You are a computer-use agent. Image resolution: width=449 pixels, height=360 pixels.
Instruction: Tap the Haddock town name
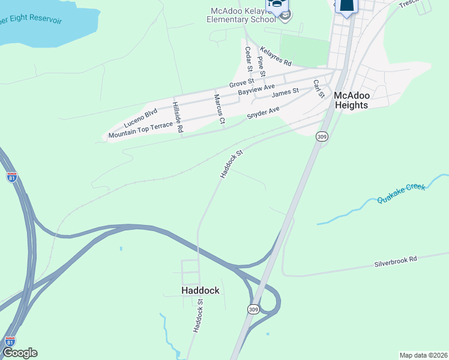tap(200, 290)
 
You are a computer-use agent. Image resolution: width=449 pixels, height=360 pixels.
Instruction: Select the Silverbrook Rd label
tap(396, 262)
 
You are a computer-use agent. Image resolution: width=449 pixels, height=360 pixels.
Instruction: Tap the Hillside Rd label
tap(177, 117)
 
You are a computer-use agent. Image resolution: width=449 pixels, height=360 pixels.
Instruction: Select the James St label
tap(285, 93)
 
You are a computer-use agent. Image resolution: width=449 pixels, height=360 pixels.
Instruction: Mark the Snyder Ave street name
tap(264, 113)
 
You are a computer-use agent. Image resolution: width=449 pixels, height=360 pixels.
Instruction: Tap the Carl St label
tap(318, 88)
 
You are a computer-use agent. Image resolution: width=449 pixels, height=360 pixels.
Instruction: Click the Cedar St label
tap(248, 58)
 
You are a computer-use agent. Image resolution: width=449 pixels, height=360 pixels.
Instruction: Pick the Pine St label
tap(261, 65)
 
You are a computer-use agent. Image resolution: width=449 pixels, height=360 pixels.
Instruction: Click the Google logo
tap(20, 353)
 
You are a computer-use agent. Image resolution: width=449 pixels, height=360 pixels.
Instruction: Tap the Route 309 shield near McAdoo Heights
tap(322, 137)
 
